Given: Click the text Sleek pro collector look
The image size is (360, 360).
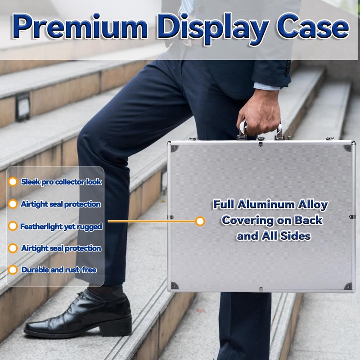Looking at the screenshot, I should [61, 182].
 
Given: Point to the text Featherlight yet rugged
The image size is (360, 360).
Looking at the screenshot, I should [61, 226].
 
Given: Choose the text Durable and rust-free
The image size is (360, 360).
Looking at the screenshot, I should [59, 270].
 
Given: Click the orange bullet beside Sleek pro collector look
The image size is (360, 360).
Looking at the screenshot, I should [13, 182].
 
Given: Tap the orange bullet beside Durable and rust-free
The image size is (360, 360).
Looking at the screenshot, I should [13, 270].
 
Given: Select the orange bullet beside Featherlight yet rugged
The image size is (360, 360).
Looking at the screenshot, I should [13, 226].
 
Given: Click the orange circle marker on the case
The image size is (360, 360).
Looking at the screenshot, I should [200, 221].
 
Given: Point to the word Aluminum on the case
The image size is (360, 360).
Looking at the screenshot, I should [265, 205].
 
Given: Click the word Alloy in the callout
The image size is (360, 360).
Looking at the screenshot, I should [313, 205].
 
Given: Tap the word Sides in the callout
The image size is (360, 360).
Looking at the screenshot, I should [296, 235].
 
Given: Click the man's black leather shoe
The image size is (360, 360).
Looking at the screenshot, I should [79, 315].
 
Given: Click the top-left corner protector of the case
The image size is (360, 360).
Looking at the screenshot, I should [174, 148].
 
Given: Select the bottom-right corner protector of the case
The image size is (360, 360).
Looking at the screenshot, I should [347, 286].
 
